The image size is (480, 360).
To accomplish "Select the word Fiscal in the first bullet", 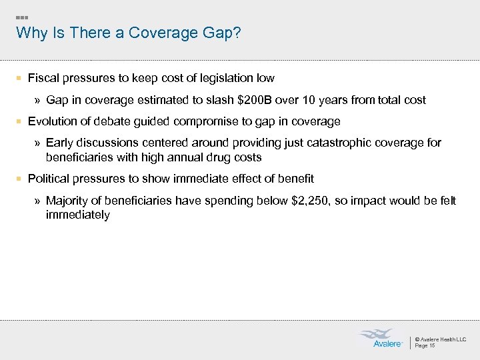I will pyautogui.click(x=42, y=78).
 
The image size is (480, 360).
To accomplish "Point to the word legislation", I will pyautogui.click(x=224, y=78).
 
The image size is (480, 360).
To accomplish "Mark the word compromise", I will pyautogui.click(x=249, y=121).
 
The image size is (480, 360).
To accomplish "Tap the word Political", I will pyautogui.click(x=49, y=179).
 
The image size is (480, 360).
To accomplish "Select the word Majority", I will pyautogui.click(x=68, y=201).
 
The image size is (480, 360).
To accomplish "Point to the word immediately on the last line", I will pyautogui.click(x=77, y=215).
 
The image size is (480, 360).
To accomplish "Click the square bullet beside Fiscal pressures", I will pyautogui.click(x=20, y=79).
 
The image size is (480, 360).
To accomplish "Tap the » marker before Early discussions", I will pyautogui.click(x=37, y=143).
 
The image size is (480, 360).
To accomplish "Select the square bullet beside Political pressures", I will pyautogui.click(x=20, y=179).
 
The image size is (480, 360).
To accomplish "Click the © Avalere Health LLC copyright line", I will pyautogui.click(x=440, y=339).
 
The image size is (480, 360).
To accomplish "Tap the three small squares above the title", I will pyautogui.click(x=21, y=17).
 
